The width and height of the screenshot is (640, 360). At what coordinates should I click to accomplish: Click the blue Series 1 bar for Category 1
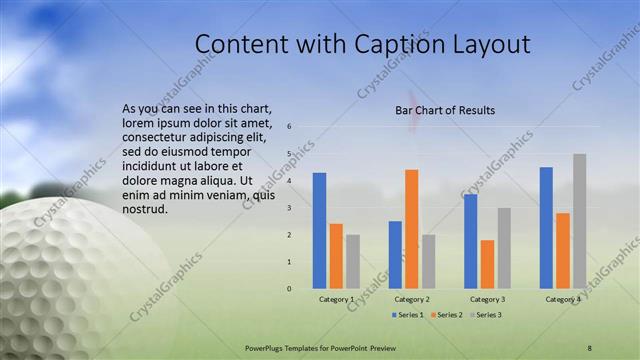pos(319,231)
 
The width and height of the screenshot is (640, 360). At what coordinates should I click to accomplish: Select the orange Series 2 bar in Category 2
pos(411,229)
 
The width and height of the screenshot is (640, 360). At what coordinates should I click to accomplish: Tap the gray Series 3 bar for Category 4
pos(579,221)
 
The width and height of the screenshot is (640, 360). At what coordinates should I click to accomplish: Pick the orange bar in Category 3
pos(487,264)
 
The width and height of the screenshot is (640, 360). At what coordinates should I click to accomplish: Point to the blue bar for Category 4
pos(546,228)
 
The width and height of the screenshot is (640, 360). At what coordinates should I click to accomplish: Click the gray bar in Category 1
pos(353,262)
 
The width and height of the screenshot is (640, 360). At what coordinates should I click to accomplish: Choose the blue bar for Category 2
pos(395,255)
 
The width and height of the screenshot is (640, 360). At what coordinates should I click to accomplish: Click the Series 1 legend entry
pos(406,315)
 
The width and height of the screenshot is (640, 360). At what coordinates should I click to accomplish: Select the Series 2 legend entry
pos(445,315)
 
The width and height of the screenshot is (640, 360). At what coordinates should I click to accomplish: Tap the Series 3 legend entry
pos(484,315)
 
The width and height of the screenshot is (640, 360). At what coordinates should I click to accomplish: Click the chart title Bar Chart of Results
pos(445,110)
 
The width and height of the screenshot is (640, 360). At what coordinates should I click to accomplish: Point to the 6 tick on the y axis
pos(289,127)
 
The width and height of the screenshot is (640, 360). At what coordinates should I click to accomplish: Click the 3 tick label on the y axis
pos(289,208)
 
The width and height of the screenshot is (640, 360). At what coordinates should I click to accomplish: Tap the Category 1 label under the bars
pos(336,299)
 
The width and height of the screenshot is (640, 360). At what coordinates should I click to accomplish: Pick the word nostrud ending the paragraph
pos(145,209)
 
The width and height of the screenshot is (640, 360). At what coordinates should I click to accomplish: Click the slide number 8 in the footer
pos(589,346)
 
